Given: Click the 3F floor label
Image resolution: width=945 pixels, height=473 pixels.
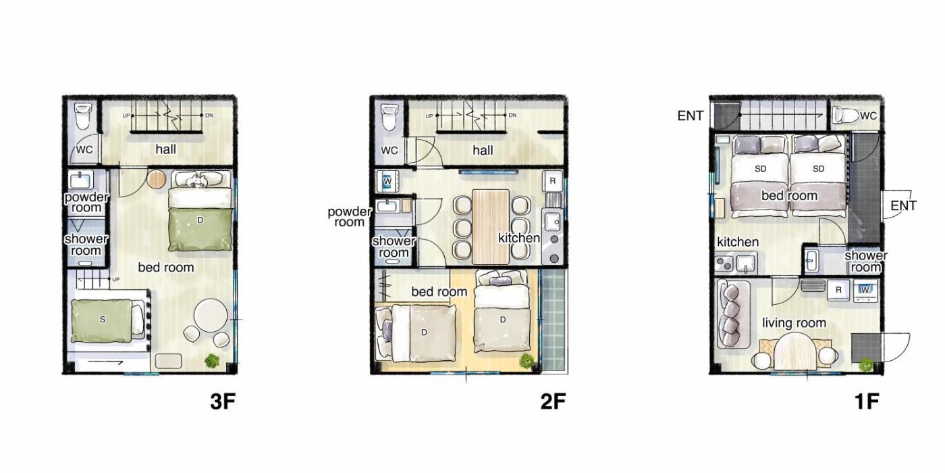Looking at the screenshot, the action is point(223,401).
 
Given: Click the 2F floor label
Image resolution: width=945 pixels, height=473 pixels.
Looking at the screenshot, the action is point(553,401).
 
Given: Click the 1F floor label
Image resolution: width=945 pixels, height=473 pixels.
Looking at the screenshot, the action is point(867,401).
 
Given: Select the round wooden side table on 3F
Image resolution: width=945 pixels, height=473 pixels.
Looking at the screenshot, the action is point(157,179).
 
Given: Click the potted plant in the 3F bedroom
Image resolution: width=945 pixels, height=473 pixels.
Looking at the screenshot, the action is point(212,361).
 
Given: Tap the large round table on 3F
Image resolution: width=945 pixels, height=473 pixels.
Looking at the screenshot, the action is point(211,316).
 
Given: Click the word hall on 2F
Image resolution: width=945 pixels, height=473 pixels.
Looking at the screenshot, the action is point(483,150).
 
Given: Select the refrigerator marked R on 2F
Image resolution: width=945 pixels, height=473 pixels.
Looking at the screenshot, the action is point(553,181).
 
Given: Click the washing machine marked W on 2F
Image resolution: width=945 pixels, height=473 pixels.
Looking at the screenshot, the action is point(387,181).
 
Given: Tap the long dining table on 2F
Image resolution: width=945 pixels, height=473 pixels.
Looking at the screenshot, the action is point(491,227).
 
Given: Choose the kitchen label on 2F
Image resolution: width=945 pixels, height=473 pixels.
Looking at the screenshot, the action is point(519,238).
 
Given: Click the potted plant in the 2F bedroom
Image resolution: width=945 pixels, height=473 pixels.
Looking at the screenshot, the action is point(527,361).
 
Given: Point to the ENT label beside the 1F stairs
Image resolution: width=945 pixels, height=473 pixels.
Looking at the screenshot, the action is point(690,116).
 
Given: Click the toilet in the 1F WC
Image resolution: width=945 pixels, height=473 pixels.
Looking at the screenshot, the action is point(845,115).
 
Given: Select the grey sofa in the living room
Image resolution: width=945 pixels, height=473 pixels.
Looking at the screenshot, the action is point(732,314).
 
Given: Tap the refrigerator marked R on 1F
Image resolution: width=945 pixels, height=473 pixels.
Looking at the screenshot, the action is point(838,290).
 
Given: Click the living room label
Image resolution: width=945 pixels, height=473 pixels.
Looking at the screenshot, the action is point(794,323).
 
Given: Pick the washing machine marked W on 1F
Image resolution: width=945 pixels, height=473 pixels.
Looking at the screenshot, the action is point(865,290).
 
